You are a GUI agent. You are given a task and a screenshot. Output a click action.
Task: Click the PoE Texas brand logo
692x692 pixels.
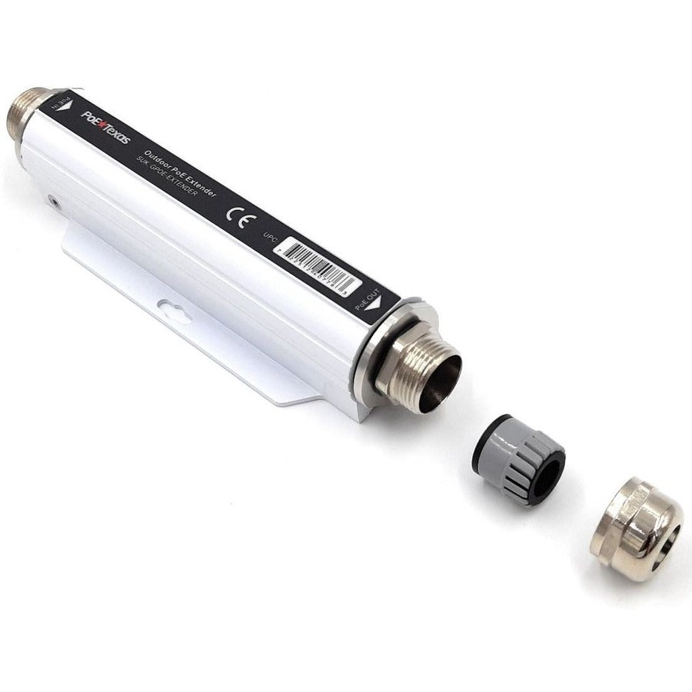pyautogui.click(x=106, y=127)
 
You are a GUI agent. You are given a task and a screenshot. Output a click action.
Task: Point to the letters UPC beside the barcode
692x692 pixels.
pyautogui.click(x=270, y=236)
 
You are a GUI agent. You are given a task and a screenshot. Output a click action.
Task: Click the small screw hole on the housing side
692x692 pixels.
pyautogui.click(x=52, y=202)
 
